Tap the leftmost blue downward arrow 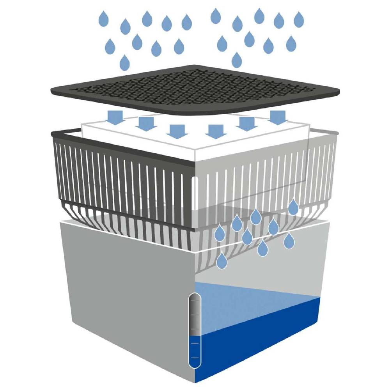(x=116, y=117)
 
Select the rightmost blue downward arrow (x=277, y=117)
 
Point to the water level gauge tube (x=194, y=331)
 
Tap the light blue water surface (x=242, y=300)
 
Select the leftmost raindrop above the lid (x=103, y=19)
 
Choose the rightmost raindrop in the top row (x=299, y=19)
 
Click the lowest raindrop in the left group (x=124, y=62)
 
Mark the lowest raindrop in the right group (x=237, y=60)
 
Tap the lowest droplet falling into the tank (x=222, y=261)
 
